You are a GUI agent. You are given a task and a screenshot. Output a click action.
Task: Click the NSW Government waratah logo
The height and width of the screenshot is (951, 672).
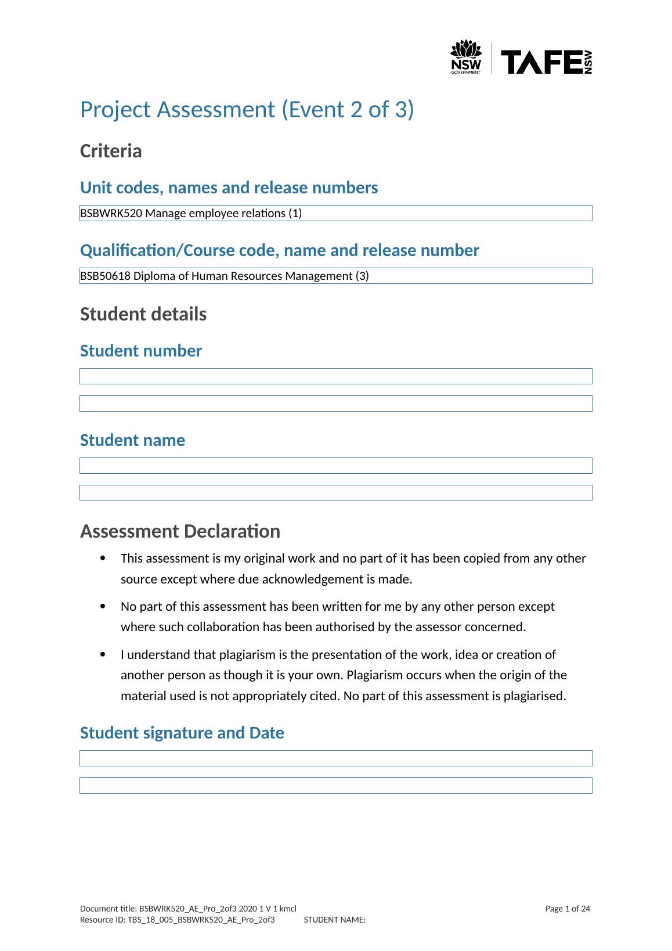(x=466, y=57)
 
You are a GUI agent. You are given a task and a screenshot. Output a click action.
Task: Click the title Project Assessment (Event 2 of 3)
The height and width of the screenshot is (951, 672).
(x=247, y=110)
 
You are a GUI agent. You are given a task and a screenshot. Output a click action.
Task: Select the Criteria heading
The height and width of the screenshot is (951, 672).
(x=111, y=151)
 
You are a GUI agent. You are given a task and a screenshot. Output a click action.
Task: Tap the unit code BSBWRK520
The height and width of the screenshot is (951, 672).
(x=111, y=213)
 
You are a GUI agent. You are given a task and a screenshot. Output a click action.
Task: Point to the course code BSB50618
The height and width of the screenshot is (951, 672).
(x=106, y=276)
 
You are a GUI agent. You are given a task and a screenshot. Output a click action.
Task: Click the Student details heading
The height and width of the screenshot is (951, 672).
(x=143, y=314)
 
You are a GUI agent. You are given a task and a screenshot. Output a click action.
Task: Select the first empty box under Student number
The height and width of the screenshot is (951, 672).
(x=335, y=376)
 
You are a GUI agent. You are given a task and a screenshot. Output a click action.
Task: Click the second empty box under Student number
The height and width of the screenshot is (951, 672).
(x=335, y=404)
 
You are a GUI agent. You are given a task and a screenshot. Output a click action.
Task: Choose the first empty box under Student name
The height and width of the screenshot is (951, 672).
(x=335, y=466)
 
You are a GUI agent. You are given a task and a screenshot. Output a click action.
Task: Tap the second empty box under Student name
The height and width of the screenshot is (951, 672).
(x=335, y=493)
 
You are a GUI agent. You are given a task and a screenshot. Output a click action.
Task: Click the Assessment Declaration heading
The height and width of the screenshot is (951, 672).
(x=180, y=531)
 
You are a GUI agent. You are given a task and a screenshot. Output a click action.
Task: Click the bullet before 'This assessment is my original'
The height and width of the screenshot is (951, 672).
(x=103, y=559)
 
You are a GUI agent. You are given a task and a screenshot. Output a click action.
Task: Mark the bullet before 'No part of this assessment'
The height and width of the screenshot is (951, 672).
(x=103, y=607)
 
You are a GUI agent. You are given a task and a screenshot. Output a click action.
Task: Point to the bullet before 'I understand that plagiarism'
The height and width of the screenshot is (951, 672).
(x=103, y=655)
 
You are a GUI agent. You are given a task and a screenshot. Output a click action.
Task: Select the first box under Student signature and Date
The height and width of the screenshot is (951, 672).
(x=335, y=758)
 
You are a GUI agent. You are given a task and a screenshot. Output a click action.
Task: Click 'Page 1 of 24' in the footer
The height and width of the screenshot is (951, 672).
(x=568, y=909)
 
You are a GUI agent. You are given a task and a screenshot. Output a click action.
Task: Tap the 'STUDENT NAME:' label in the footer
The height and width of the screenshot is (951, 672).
(x=335, y=920)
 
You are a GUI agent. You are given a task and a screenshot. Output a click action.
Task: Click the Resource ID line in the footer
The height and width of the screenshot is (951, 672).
(x=177, y=920)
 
